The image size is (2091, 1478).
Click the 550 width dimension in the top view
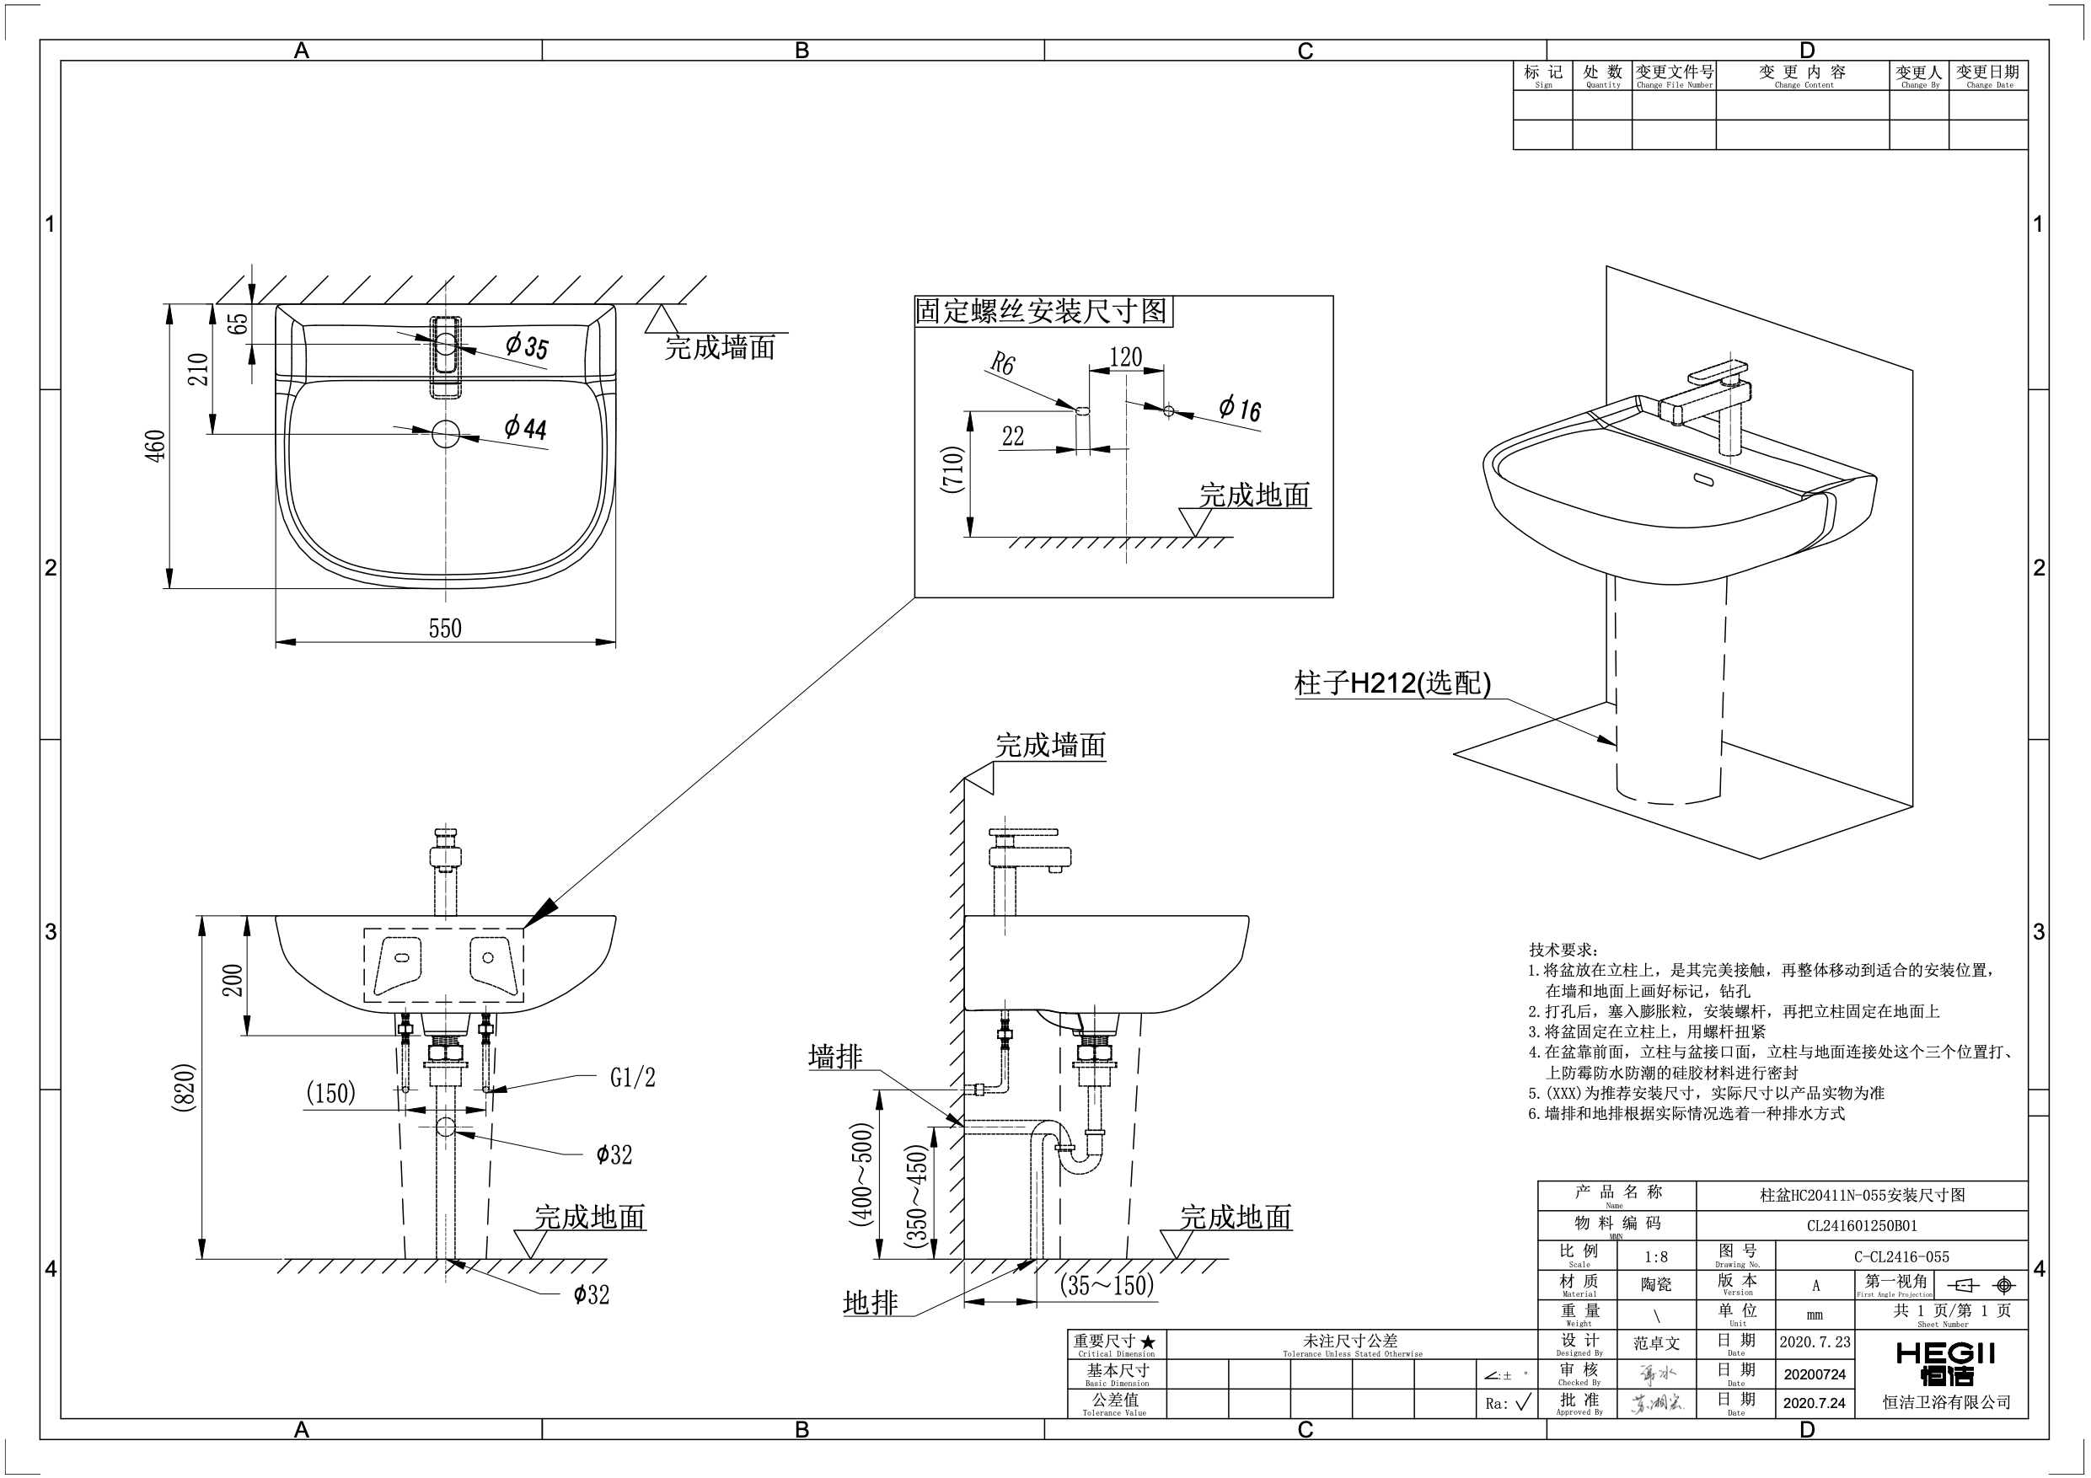tap(445, 629)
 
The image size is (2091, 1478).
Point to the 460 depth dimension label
tap(157, 447)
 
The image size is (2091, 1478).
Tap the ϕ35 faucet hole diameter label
tap(528, 346)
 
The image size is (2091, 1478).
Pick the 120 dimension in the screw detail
tap(1126, 357)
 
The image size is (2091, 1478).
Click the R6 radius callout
tap(1002, 365)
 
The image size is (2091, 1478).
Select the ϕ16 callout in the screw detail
tap(1240, 408)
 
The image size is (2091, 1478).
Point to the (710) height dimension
tap(952, 470)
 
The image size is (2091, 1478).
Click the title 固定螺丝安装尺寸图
tap(1041, 312)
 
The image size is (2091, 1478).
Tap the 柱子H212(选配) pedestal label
tap(1392, 683)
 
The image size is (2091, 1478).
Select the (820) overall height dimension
tap(184, 1086)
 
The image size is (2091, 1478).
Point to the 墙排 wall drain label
tap(834, 1057)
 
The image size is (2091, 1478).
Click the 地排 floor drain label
tap(870, 1304)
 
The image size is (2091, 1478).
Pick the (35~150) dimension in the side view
tap(1107, 1284)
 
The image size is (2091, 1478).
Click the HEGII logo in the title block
tap(1945, 1363)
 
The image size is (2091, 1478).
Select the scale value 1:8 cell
tap(1655, 1256)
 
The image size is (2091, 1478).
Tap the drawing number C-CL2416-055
tap(1901, 1256)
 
